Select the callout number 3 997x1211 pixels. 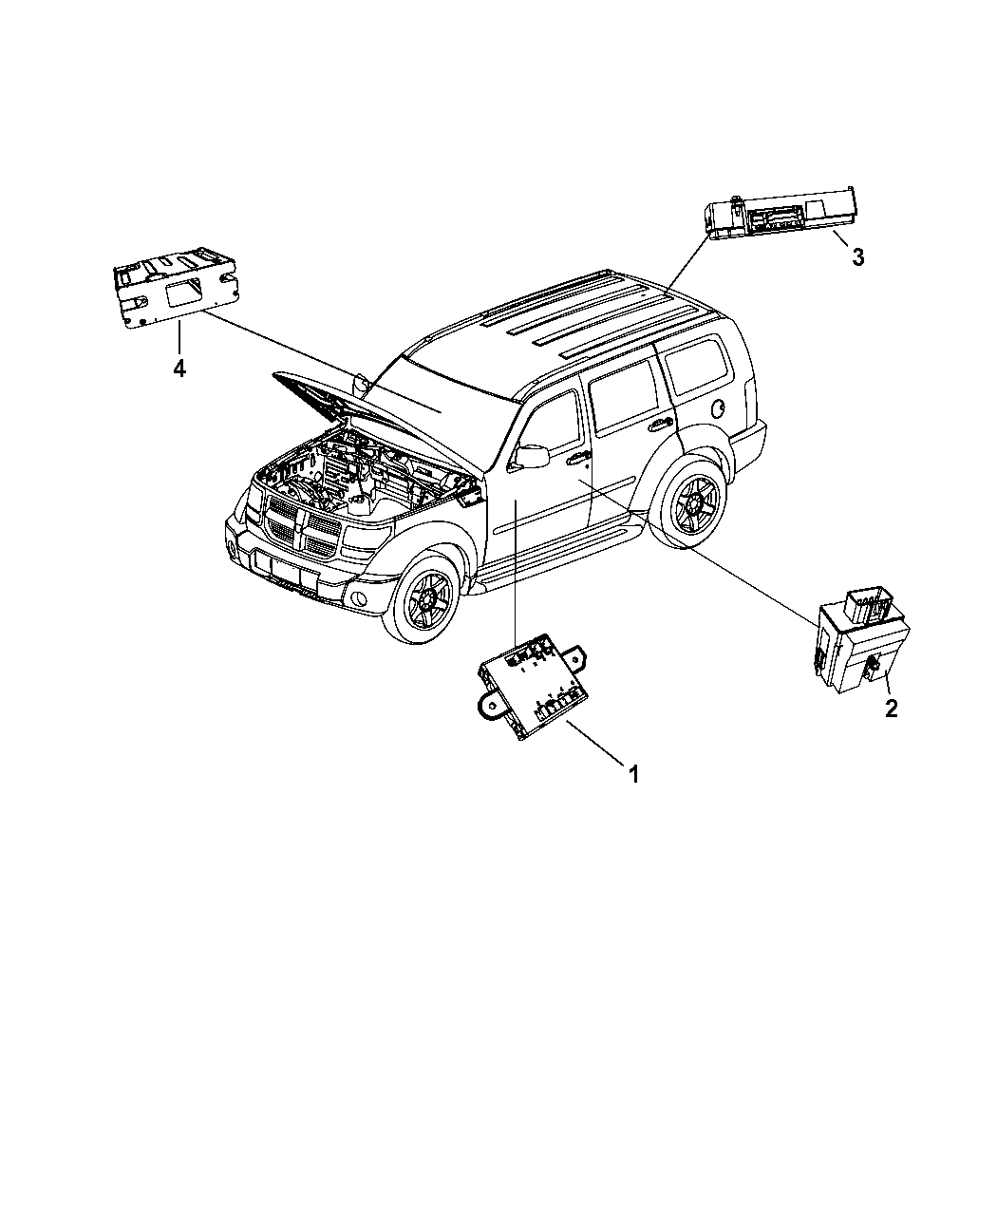(857, 257)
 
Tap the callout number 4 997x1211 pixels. (179, 369)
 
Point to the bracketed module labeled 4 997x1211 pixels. (176, 290)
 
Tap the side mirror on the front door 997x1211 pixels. (530, 457)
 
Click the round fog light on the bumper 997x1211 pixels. (360, 598)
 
